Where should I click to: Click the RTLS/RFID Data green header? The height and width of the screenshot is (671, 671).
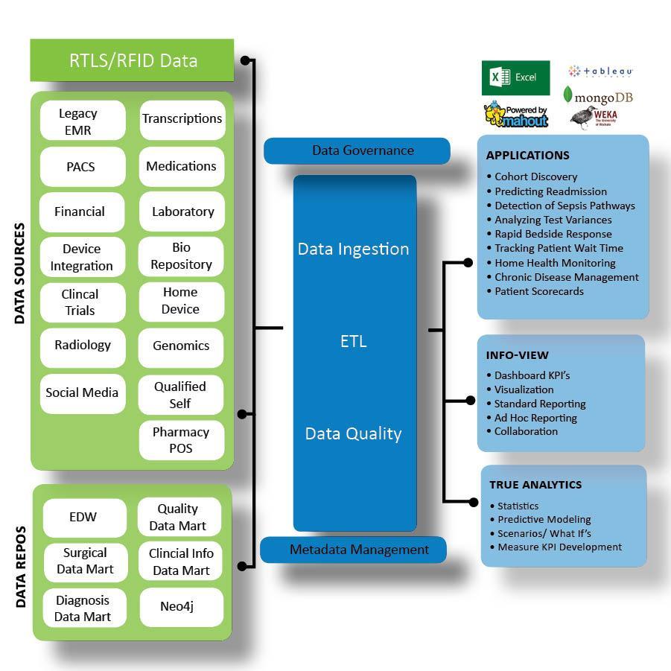[133, 60]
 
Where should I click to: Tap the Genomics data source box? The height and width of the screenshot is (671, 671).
[181, 346]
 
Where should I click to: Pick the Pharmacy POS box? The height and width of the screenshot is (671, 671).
[181, 440]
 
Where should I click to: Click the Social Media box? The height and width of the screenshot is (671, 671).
[82, 392]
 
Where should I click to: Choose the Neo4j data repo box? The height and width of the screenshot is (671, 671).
[181, 607]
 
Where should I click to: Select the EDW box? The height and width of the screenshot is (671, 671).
[83, 517]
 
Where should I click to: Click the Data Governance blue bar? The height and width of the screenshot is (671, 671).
[357, 150]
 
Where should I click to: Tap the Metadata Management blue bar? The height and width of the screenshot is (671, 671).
[354, 550]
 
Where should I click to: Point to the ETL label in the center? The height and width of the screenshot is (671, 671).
[353, 343]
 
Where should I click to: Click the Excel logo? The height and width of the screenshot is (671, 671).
[515, 77]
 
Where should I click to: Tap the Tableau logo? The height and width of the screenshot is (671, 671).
[600, 71]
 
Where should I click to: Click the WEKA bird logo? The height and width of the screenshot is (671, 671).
[594, 118]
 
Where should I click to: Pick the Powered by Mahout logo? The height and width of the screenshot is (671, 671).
[515, 115]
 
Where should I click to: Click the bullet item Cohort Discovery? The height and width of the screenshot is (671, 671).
[535, 177]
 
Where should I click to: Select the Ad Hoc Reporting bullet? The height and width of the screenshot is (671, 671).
[535, 418]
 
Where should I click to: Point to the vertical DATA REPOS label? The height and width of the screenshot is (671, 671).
[21, 566]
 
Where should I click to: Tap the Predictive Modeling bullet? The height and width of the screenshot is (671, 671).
[544, 520]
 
